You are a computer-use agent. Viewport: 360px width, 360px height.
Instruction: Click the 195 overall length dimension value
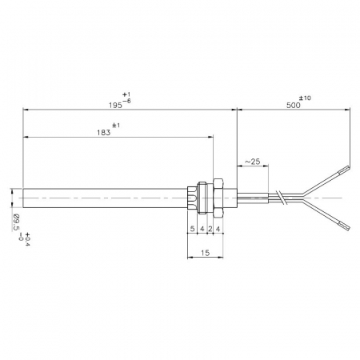(115, 106)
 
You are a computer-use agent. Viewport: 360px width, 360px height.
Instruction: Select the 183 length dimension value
(104, 133)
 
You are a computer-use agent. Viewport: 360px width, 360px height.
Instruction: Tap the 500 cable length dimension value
(294, 106)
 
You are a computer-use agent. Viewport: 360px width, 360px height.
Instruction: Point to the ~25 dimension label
(252, 162)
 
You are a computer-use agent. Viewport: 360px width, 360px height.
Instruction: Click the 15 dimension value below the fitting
(206, 253)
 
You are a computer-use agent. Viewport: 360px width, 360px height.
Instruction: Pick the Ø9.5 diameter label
(16, 222)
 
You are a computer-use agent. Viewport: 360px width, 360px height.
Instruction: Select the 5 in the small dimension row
(192, 229)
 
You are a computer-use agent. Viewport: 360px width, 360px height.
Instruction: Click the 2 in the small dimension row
(210, 229)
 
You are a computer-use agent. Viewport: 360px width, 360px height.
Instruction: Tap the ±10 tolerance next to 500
(306, 98)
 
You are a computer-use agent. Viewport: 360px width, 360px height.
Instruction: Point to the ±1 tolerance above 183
(116, 125)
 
